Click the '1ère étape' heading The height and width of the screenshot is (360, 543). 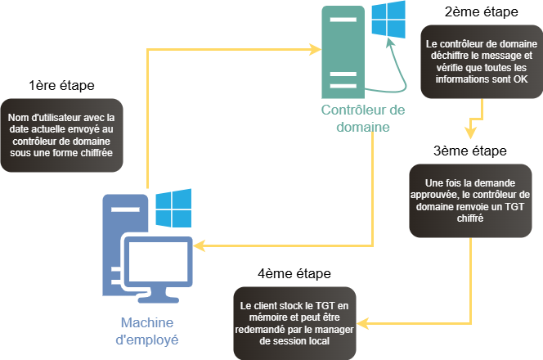(x=61, y=84)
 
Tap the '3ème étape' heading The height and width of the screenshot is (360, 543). (x=470, y=151)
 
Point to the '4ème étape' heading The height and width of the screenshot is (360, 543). (x=294, y=272)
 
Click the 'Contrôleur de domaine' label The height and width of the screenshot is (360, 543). (x=351, y=118)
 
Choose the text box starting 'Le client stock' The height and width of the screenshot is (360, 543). (x=295, y=322)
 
